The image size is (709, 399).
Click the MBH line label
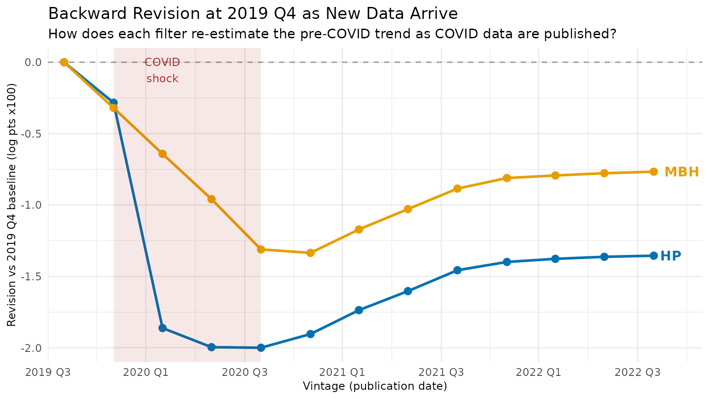[681, 172]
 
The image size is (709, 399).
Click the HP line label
[671, 256]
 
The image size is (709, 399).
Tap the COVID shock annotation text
[162, 71]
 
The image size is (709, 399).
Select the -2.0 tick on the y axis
[31, 348]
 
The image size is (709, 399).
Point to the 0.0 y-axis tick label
[33, 62]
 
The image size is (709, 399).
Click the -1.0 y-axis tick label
[31, 205]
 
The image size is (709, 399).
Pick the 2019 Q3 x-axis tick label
[48, 372]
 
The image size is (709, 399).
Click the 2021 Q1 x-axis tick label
[342, 372]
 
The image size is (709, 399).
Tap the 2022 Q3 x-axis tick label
[637, 372]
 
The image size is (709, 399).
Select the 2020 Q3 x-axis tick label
[245, 372]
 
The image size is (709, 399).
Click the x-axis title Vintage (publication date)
[375, 386]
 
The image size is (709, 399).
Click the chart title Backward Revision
[253, 14]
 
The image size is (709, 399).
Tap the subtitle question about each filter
[332, 34]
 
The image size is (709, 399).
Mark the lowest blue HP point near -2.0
[261, 348]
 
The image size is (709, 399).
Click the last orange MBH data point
[654, 172]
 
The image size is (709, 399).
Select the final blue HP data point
[654, 256]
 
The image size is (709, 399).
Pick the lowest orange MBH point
[311, 253]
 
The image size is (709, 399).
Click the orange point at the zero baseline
[64, 62]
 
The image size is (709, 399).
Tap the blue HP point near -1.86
[162, 328]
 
